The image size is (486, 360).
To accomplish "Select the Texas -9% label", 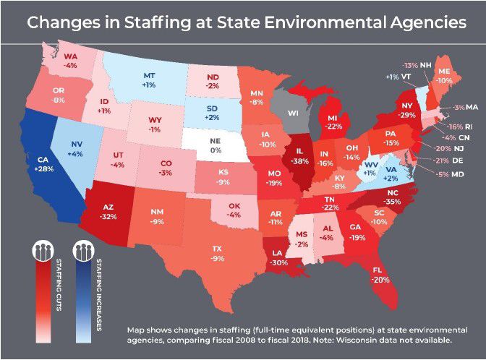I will click(x=218, y=253).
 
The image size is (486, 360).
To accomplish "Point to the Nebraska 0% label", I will click(x=214, y=145).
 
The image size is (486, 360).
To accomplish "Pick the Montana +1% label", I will click(x=149, y=80).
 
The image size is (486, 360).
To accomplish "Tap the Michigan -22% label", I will click(x=333, y=121).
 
